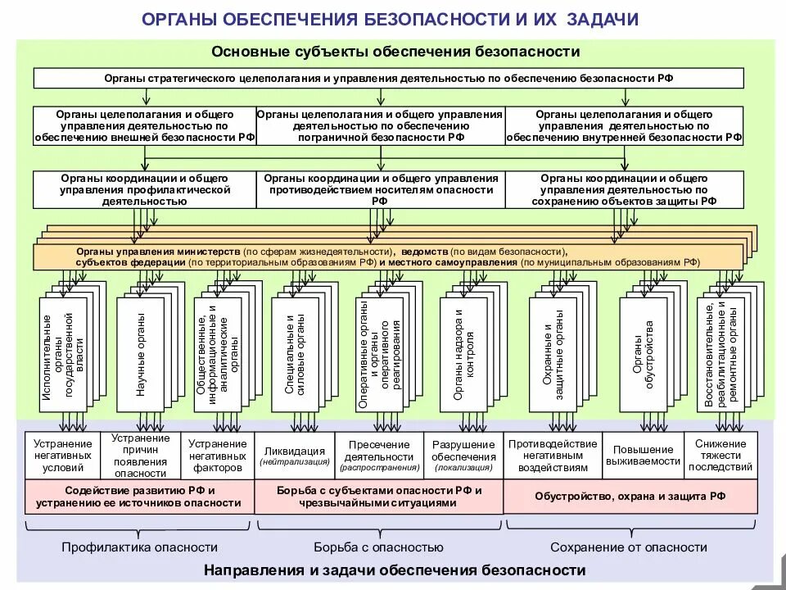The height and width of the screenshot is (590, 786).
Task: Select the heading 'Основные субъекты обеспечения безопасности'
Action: (x=395, y=52)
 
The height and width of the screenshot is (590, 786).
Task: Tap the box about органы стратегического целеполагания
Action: (x=389, y=79)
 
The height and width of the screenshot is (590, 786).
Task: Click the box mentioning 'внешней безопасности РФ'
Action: (x=144, y=126)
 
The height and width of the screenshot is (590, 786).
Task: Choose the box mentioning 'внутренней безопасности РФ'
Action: (x=624, y=126)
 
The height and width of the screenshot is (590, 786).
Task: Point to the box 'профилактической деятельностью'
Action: (x=144, y=188)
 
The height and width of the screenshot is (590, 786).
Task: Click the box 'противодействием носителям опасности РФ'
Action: (x=381, y=188)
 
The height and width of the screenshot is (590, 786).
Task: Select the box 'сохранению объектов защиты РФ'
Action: (x=624, y=188)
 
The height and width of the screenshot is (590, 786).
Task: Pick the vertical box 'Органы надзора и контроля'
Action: (x=463, y=354)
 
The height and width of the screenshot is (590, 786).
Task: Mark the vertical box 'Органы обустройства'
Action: (x=643, y=354)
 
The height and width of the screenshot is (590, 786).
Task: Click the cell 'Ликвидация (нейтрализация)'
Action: (x=295, y=456)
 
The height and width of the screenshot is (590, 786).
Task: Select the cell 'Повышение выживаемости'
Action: (x=643, y=456)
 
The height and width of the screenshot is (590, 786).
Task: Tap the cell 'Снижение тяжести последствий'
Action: (x=720, y=456)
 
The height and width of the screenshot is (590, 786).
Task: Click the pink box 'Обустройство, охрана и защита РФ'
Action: (x=630, y=497)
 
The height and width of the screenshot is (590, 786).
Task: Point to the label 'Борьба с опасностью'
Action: (x=378, y=547)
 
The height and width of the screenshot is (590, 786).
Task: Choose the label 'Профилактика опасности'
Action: (x=140, y=547)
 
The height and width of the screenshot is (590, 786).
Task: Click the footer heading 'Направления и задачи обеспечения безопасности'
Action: (x=395, y=570)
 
